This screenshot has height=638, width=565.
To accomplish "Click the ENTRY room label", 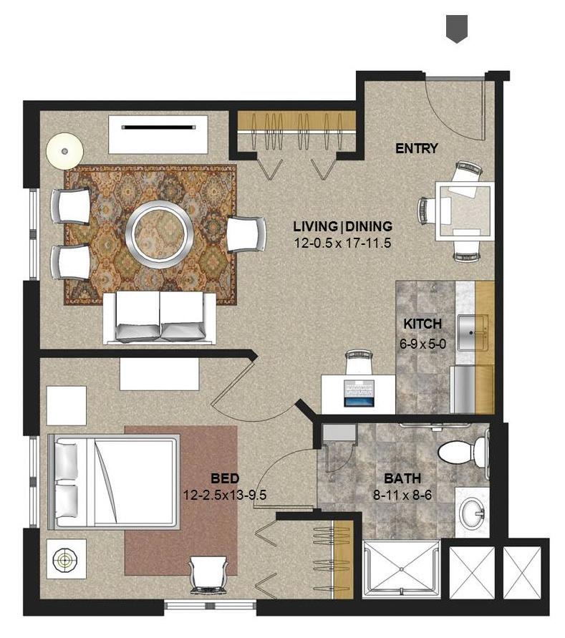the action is click(417, 148).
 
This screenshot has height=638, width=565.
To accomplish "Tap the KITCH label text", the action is click(422, 324).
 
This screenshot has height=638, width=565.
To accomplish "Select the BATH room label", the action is click(402, 478).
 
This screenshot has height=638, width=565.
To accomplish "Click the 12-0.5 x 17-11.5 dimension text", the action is click(342, 243).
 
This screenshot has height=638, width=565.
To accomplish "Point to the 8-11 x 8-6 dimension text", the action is click(402, 496).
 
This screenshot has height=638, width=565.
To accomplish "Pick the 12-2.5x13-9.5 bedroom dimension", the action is click(225, 496).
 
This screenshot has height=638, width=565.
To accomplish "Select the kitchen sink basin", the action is click(472, 333).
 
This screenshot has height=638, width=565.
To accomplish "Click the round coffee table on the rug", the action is click(160, 234).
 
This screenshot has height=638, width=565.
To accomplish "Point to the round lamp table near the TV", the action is click(64, 151).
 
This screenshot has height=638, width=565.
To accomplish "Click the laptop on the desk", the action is click(359, 393).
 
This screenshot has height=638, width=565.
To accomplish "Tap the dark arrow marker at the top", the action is click(457, 29).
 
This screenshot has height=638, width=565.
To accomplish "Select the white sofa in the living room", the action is click(160, 318).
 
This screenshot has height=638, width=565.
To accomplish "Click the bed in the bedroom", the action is click(114, 482).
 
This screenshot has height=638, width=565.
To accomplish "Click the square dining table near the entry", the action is click(465, 211).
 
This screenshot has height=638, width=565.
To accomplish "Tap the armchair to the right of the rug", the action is click(246, 234).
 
